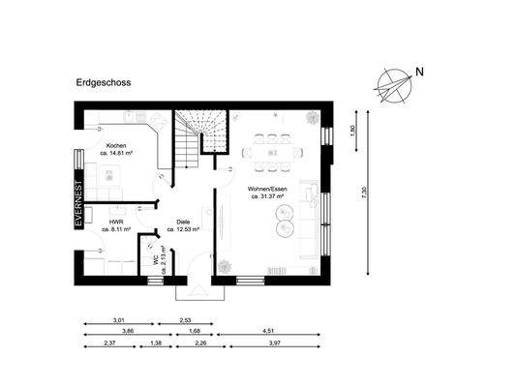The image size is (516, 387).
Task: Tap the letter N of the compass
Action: (419, 72)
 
